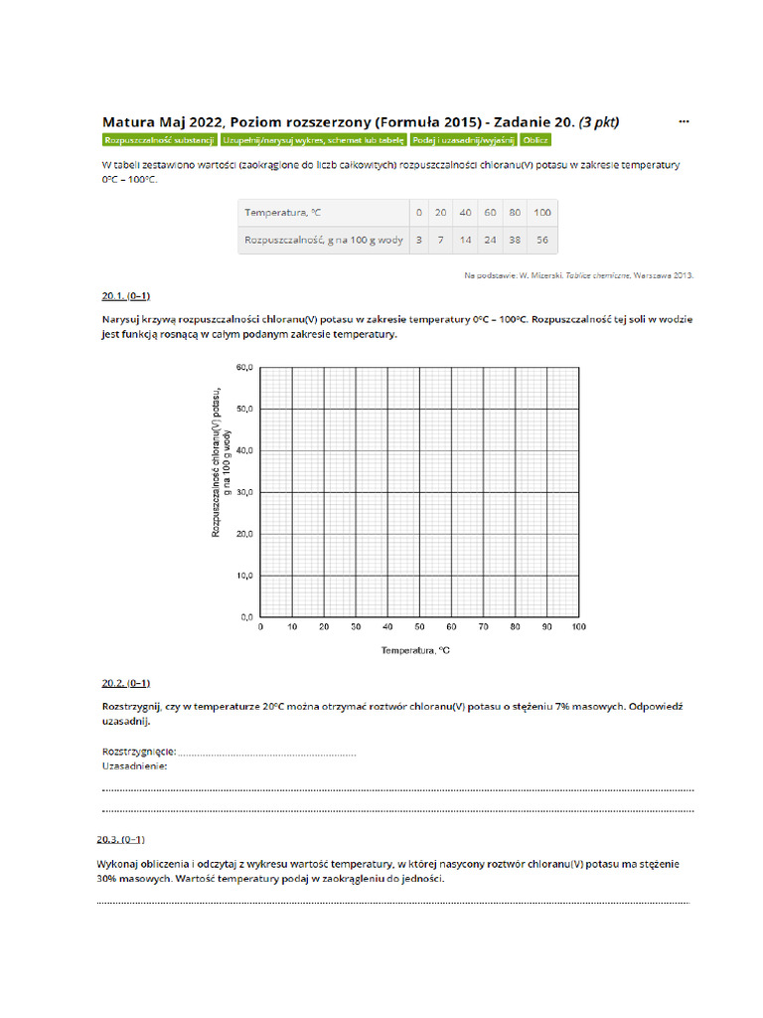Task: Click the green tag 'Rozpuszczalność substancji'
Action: (159, 141)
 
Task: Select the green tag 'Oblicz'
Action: (535, 141)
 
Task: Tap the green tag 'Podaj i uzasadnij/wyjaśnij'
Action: (463, 141)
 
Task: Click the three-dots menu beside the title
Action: (684, 121)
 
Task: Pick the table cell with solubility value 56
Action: (541, 240)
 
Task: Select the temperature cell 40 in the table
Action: (465, 213)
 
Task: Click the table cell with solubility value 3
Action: (419, 240)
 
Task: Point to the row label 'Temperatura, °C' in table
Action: (283, 213)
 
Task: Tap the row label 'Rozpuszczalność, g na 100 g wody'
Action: (324, 240)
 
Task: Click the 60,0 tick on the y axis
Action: (244, 367)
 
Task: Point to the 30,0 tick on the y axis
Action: (244, 492)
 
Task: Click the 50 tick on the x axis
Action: (419, 627)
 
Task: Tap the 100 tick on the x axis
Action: (578, 627)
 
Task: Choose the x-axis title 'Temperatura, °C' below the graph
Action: (416, 651)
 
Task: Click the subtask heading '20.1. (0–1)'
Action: (125, 296)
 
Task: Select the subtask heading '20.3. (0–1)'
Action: (120, 839)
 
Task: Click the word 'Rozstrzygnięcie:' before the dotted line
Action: (139, 751)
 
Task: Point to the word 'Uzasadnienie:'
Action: (134, 766)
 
